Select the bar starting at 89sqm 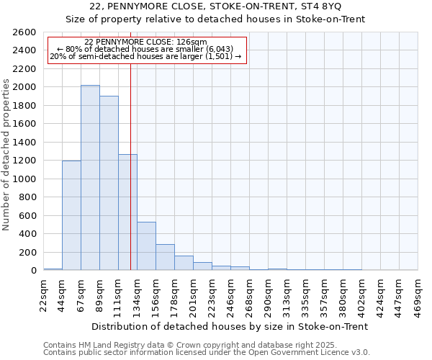pyautogui.click(x=109, y=183)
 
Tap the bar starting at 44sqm pyautogui.click(x=71, y=215)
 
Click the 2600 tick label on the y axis pyautogui.click(x=24, y=32)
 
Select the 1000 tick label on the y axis pyautogui.click(x=24, y=179)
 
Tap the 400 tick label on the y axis pyautogui.click(x=27, y=234)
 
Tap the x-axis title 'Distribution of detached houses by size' pyautogui.click(x=230, y=326)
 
